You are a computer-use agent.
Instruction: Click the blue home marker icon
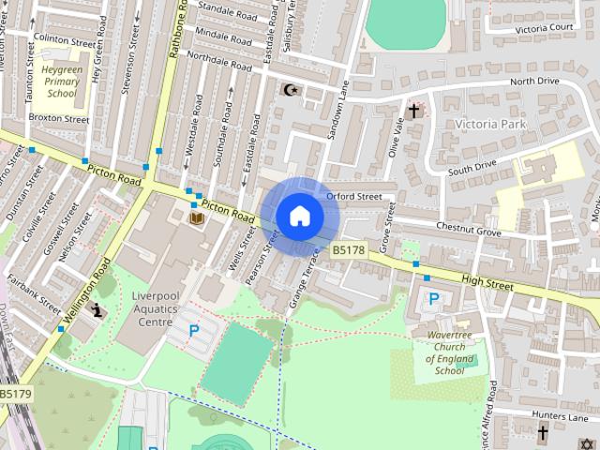coord(299,216)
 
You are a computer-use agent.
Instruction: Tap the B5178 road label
coord(348,250)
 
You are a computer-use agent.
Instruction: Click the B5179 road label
coord(15,395)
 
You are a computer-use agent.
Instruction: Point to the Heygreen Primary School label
coord(62,82)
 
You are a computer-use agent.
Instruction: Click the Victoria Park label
coord(489,124)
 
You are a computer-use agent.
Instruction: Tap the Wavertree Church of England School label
coord(444,352)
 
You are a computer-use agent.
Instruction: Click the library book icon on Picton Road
coord(196,218)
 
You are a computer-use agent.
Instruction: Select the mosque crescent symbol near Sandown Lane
coord(289,90)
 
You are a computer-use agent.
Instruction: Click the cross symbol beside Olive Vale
coord(412,111)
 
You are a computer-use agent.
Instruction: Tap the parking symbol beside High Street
coord(433,299)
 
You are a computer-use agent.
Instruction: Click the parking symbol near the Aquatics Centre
coord(194,330)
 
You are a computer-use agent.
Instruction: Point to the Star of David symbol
coord(588,442)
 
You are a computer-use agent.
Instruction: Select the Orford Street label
coord(354,197)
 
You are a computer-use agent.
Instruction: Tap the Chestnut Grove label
coord(469,229)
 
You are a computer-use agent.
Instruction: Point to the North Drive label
coord(534,82)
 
